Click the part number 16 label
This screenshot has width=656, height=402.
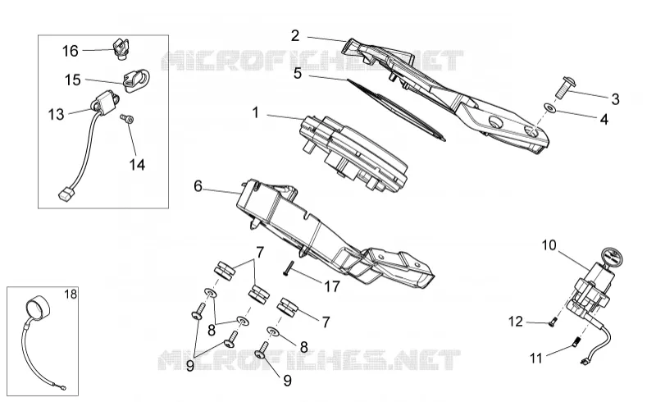(71, 51)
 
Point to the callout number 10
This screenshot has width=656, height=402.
(549, 245)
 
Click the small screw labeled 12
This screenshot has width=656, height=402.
(552, 322)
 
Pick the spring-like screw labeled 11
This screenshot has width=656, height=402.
(576, 342)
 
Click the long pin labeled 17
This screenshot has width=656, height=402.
(288, 268)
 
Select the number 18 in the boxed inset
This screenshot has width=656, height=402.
(71, 295)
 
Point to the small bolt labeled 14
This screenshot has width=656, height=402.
(127, 119)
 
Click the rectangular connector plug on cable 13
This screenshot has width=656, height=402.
(65, 195)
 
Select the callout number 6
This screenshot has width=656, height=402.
(198, 186)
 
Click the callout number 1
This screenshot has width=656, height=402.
(256, 112)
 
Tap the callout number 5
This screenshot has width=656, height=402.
(298, 73)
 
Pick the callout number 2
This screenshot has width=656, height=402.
(295, 35)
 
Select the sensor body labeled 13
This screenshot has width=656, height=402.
(106, 103)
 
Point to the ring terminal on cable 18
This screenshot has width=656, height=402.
(63, 389)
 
